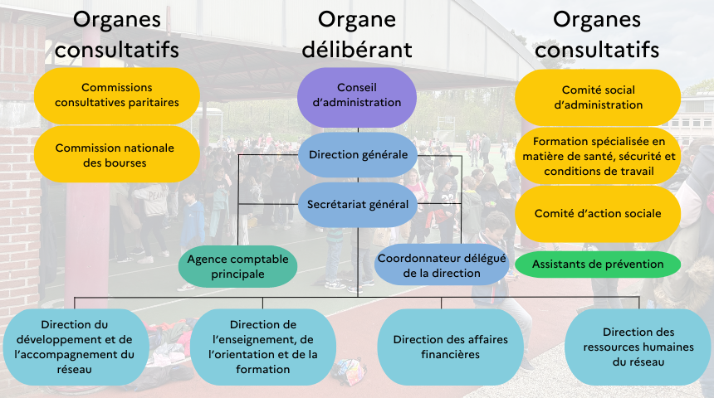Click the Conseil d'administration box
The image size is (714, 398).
(357, 95)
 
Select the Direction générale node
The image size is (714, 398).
(357, 154)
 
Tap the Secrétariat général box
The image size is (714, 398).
(357, 204)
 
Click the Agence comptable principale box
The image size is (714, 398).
(237, 266)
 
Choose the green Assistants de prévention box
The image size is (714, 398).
(598, 265)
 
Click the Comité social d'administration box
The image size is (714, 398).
(598, 97)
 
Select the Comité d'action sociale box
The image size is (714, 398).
(598, 213)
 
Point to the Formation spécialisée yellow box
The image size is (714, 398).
(598, 156)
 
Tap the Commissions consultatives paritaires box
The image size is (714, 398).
(116, 95)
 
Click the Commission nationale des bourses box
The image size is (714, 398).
(116, 155)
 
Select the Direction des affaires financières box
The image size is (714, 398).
(450, 347)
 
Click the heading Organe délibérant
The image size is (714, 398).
(357, 35)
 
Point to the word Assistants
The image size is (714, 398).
(561, 265)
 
